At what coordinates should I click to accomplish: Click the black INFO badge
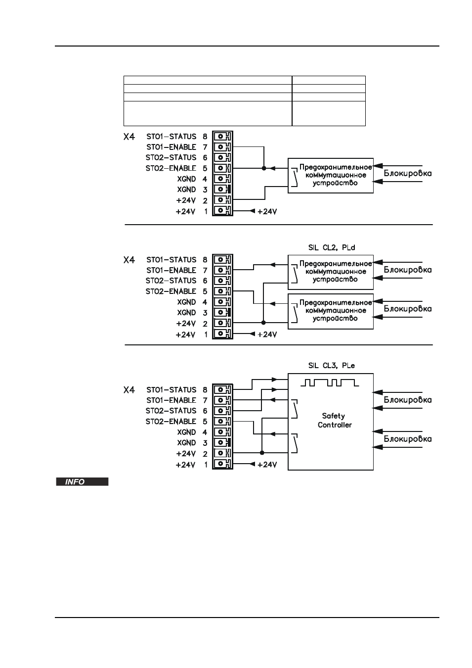82,481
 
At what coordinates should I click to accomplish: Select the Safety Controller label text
335,420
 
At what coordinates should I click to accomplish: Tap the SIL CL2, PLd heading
332,247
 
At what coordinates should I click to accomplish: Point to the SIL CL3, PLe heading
332,366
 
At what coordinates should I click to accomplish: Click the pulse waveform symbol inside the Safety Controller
330,382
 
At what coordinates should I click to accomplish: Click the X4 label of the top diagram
129,137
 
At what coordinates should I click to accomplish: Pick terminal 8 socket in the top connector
222,136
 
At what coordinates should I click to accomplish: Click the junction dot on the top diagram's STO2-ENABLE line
264,168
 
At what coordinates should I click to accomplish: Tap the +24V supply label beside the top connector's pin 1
267,211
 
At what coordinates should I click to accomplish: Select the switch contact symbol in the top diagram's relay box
294,178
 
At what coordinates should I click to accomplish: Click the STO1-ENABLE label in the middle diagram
171,270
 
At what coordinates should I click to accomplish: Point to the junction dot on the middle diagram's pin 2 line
263,323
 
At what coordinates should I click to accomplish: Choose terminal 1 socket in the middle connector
222,334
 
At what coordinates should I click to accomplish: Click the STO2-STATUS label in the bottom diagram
171,411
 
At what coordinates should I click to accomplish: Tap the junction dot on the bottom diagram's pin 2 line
262,453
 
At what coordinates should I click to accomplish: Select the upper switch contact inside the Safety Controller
294,409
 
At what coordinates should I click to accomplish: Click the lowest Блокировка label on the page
407,439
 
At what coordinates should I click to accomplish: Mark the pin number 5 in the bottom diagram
205,422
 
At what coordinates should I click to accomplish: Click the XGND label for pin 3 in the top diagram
187,190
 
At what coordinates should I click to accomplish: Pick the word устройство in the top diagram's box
335,183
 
